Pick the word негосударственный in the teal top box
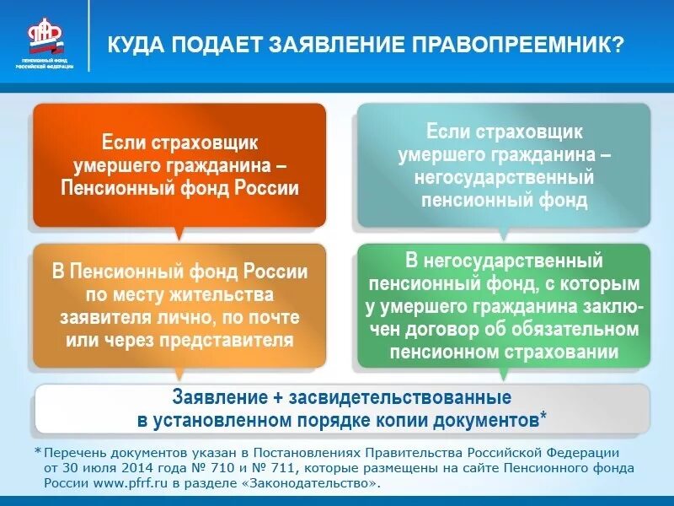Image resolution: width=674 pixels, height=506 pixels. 504,179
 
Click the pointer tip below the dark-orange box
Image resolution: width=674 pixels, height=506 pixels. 178,234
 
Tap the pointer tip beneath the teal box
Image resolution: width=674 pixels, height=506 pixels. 504,235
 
